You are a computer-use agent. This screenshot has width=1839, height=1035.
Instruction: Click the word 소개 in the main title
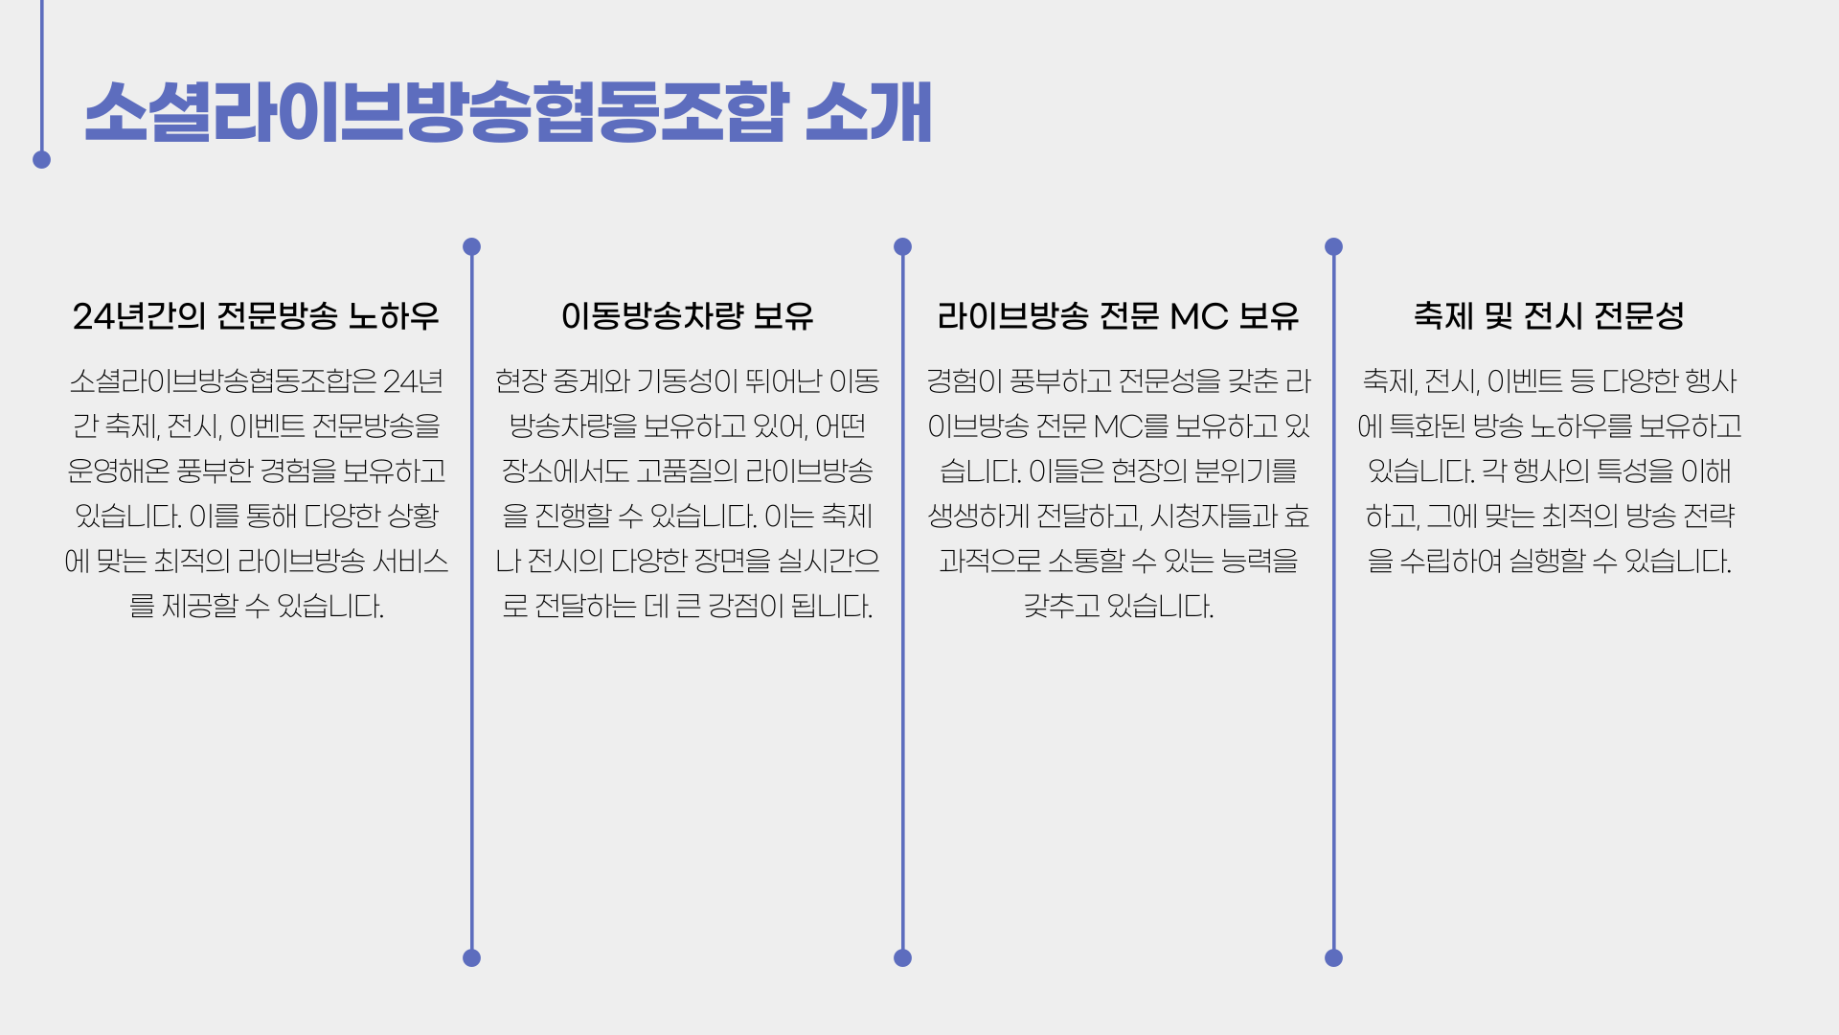(868, 112)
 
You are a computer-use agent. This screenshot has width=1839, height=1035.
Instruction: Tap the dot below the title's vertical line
(41, 160)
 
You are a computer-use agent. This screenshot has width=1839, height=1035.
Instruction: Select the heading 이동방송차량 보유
(687, 315)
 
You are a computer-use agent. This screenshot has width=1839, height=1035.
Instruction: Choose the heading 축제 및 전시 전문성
(1549, 315)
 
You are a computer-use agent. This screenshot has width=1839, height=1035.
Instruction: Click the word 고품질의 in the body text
(687, 471)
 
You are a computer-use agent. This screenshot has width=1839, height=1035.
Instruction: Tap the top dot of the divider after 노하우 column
(471, 246)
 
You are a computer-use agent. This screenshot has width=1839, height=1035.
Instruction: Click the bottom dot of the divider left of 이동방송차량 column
(471, 957)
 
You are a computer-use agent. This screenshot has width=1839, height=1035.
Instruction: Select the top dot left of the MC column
(902, 246)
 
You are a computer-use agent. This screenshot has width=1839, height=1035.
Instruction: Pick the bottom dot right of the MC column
(1333, 957)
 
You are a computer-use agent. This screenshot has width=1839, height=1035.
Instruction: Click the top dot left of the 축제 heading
(1333, 246)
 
